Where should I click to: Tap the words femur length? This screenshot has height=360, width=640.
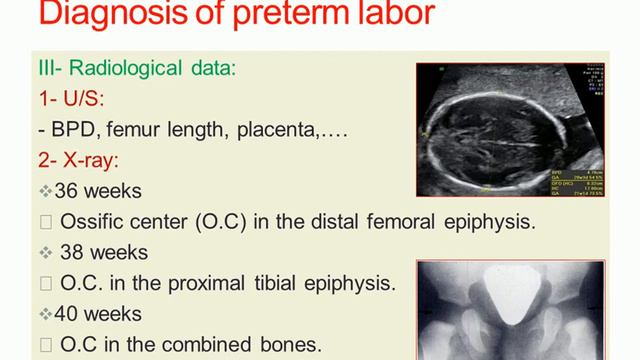point(175,130)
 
